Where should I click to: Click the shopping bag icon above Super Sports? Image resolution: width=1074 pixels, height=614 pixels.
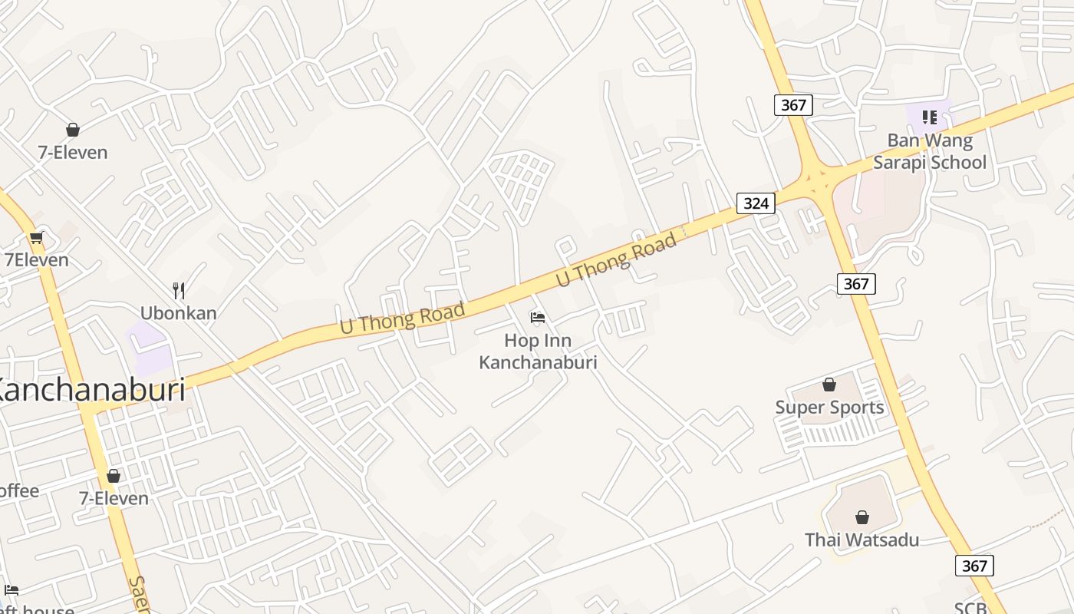(x=829, y=384)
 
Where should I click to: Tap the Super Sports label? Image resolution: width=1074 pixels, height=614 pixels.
(x=829, y=408)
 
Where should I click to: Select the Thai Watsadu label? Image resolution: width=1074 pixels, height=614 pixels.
(x=862, y=540)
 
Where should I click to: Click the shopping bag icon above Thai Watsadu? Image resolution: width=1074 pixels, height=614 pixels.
(x=862, y=517)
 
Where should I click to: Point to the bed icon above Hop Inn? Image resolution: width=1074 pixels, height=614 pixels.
(x=538, y=317)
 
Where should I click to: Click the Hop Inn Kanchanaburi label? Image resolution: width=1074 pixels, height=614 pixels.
(x=538, y=351)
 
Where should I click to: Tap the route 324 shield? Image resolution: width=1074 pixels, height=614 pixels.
(x=756, y=203)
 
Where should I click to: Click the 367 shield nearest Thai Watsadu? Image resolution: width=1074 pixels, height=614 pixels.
(x=974, y=566)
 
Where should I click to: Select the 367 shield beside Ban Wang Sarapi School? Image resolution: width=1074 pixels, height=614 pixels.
(x=793, y=104)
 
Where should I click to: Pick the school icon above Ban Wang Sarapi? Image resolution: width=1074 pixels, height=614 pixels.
(x=929, y=117)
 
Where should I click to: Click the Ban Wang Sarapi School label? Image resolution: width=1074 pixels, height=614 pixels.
(x=930, y=151)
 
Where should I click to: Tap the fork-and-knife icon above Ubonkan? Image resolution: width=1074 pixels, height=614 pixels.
(x=179, y=290)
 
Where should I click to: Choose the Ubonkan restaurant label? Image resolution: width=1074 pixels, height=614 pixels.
(x=179, y=313)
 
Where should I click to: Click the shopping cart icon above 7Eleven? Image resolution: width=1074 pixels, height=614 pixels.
(x=36, y=237)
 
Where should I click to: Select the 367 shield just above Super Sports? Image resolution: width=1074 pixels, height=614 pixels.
(x=856, y=284)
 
